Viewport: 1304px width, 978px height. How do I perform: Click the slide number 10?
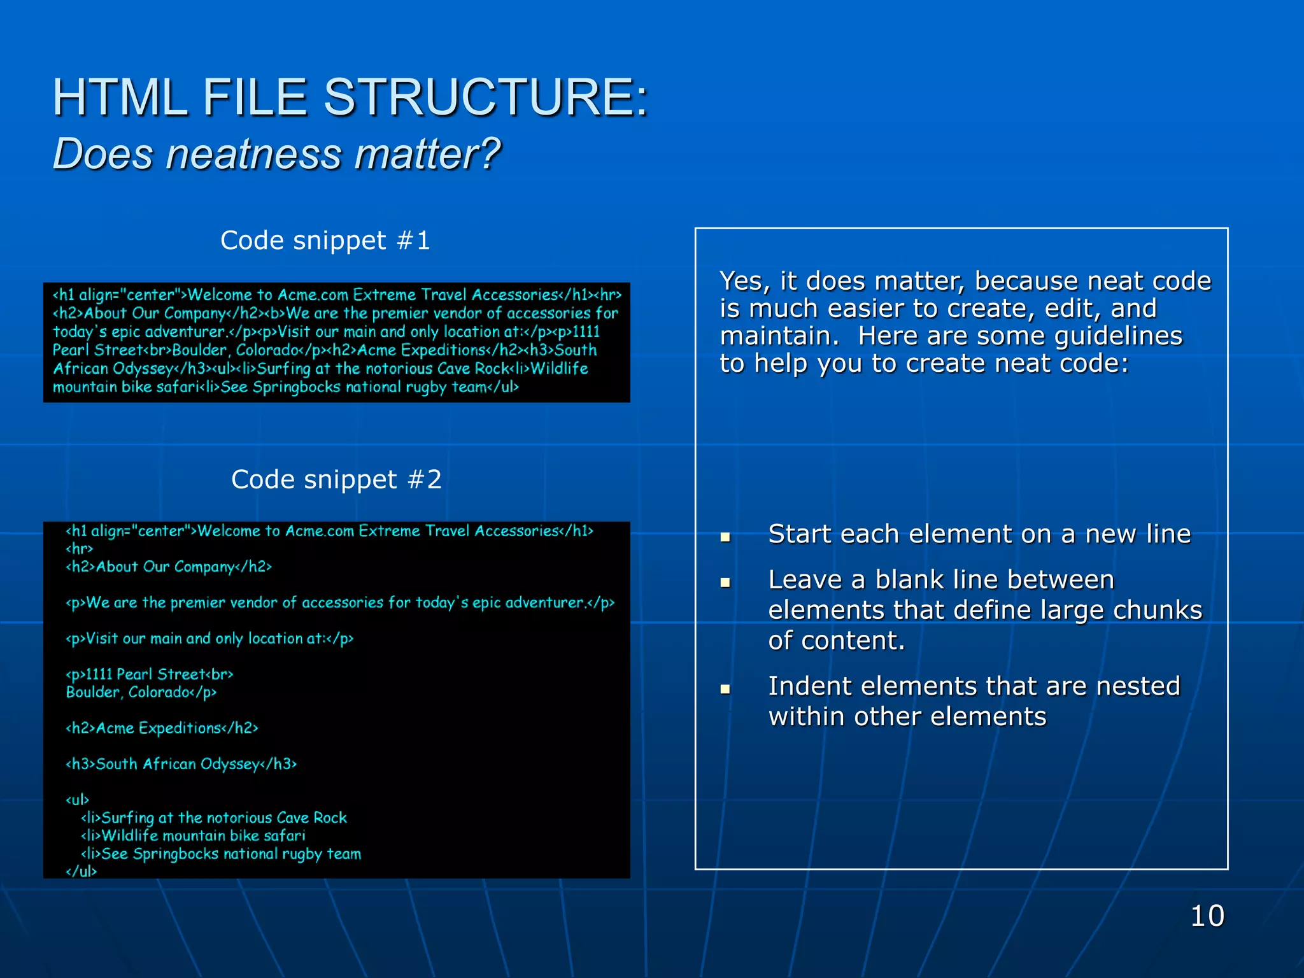click(1207, 916)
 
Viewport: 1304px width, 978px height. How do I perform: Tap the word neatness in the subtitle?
click(253, 155)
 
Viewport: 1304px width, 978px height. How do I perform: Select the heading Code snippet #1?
click(325, 241)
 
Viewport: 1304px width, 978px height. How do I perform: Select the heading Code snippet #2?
click(336, 479)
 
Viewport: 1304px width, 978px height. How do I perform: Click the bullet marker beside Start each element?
click(725, 537)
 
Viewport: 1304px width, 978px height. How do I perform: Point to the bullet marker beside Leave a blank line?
click(725, 582)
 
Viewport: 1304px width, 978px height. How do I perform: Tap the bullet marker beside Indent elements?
click(725, 688)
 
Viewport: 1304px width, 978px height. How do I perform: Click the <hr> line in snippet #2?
click(80, 549)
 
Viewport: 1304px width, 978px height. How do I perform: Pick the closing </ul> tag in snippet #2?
click(81, 871)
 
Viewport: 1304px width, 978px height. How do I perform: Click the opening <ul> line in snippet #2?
click(78, 800)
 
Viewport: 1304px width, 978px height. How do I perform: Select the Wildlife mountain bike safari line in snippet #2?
click(194, 835)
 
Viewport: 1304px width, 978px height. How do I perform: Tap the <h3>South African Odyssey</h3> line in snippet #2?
click(181, 764)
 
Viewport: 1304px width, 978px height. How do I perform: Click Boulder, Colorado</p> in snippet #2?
click(141, 692)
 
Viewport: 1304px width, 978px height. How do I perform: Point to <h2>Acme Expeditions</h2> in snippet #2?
click(162, 728)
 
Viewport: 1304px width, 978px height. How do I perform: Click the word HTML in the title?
click(120, 97)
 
